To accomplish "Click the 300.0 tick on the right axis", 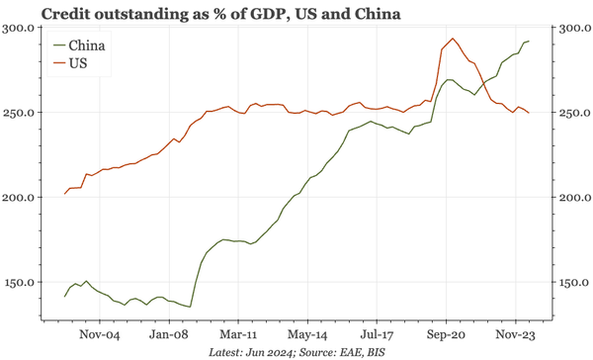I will (570, 28).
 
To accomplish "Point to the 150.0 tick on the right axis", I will (570, 283).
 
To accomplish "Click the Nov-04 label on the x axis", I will (100, 334).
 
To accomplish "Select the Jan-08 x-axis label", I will (169, 334).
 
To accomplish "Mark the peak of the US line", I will (452, 40).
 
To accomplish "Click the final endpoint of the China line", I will (529, 41).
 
